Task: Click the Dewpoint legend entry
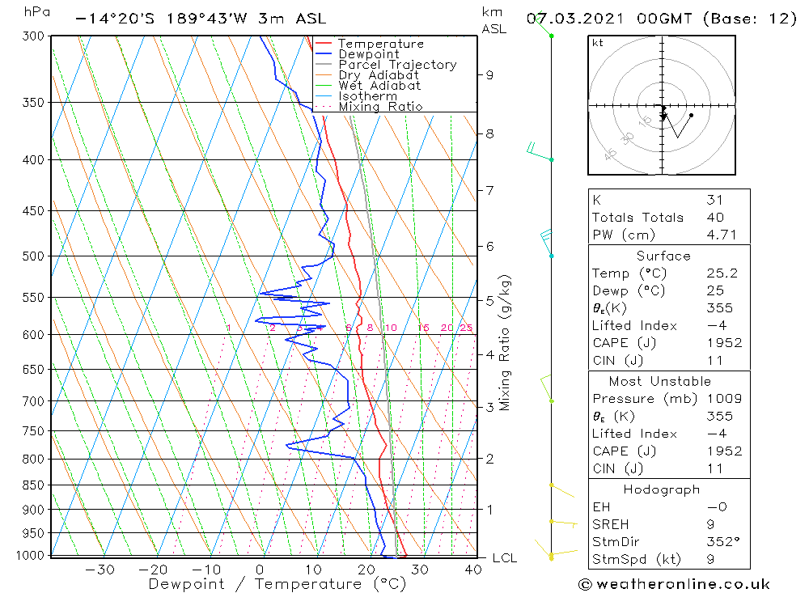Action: pyautogui.click(x=368, y=54)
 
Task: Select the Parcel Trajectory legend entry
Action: pyautogui.click(x=397, y=65)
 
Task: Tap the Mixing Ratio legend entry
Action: pyautogui.click(x=380, y=107)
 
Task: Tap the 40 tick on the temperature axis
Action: pyautogui.click(x=473, y=570)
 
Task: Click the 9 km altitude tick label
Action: pyautogui.click(x=489, y=75)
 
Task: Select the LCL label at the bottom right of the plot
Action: pyautogui.click(x=504, y=558)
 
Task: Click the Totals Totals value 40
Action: pyautogui.click(x=715, y=218)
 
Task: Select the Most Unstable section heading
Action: pyautogui.click(x=661, y=382)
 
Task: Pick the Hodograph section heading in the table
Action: pyautogui.click(x=661, y=489)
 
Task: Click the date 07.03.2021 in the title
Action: pyautogui.click(x=570, y=19)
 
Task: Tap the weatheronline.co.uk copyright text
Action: pyautogui.click(x=674, y=584)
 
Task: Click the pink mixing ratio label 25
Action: pyautogui.click(x=466, y=328)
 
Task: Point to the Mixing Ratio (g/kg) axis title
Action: pyautogui.click(x=505, y=342)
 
